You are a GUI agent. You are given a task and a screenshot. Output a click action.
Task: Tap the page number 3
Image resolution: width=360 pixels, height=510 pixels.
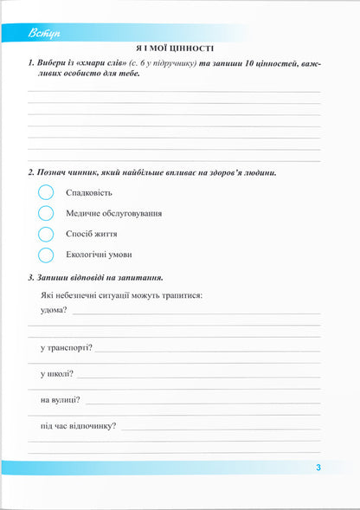click(x=318, y=468)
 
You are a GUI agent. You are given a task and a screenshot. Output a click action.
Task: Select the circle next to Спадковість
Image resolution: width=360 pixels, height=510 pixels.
click(x=46, y=192)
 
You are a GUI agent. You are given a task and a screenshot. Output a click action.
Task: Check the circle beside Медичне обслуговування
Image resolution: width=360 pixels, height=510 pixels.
click(x=46, y=213)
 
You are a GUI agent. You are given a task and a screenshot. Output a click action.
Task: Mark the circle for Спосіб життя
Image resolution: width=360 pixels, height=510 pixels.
click(x=46, y=234)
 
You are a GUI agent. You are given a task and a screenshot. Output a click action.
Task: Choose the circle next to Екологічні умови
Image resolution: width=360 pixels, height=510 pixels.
click(x=46, y=255)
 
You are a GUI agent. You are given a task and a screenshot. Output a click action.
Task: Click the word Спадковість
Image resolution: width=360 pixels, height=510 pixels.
click(x=89, y=192)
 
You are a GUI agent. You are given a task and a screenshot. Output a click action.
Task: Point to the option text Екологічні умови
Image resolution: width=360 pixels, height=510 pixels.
click(x=99, y=255)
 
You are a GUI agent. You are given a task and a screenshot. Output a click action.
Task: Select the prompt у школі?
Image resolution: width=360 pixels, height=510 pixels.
click(x=56, y=374)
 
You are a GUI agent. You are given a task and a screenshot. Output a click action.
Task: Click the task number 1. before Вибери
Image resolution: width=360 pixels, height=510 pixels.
click(x=32, y=64)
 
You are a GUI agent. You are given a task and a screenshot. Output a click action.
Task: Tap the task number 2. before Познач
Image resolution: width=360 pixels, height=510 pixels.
click(x=32, y=172)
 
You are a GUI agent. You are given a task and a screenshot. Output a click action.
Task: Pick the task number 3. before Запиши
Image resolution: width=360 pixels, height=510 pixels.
click(x=32, y=277)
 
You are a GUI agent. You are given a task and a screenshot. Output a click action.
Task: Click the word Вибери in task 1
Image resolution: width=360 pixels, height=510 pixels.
click(x=55, y=64)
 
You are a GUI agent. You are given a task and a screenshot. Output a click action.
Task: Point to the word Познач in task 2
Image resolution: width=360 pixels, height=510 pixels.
click(x=57, y=172)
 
